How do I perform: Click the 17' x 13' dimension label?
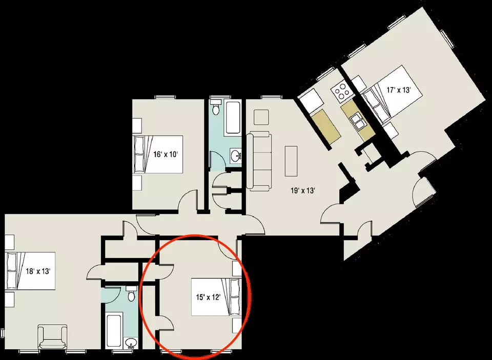(x=399, y=90)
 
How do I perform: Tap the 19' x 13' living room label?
(x=302, y=190)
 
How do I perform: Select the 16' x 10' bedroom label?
(x=166, y=154)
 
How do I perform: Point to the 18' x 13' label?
(x=38, y=271)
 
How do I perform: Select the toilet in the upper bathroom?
(x=216, y=107)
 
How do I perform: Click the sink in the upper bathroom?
(x=236, y=155)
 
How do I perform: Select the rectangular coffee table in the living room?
(x=291, y=161)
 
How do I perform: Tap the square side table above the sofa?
(x=261, y=117)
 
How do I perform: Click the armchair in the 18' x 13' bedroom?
(x=52, y=338)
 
